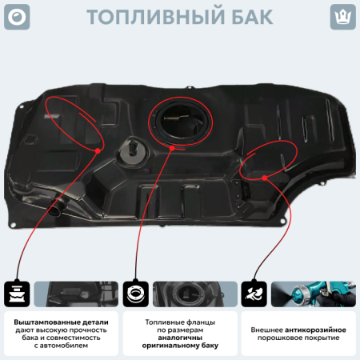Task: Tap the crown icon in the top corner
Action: point(342,17)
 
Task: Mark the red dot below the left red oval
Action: point(98,149)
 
